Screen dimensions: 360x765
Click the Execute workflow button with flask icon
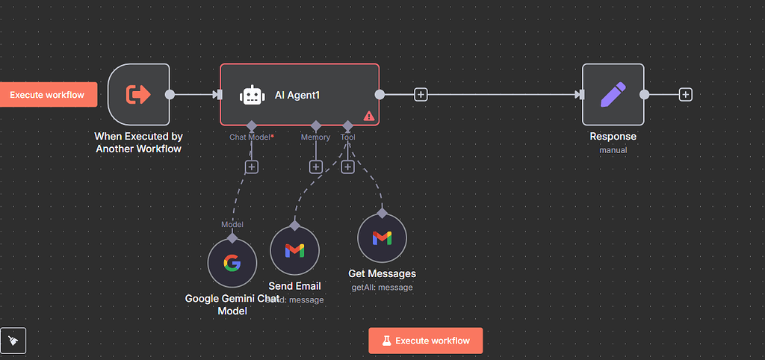425,341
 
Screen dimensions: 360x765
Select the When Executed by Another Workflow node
139,94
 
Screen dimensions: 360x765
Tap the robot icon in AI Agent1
252,95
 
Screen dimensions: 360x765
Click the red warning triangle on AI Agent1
368,116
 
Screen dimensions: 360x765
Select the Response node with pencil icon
613,94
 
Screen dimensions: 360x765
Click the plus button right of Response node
685,94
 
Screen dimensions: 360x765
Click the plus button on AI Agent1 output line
421,95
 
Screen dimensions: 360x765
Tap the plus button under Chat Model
252,167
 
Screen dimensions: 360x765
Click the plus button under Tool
347,167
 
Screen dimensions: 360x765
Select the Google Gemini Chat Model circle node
232,263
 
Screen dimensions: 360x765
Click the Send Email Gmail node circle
294,251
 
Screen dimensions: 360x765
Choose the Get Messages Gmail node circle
382,238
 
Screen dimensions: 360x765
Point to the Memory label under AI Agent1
315,137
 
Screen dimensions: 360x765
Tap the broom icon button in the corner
13,341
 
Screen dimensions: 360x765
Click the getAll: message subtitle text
382,287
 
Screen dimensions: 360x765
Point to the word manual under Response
613,150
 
